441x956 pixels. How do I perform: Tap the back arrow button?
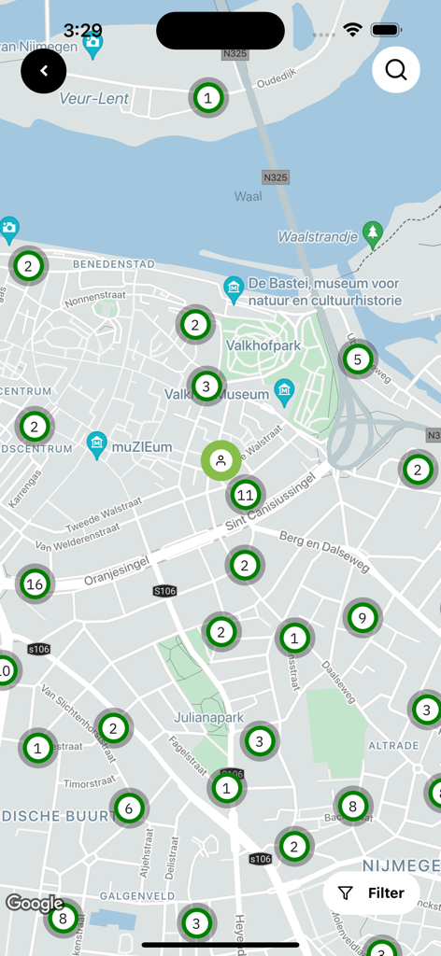[x=44, y=71]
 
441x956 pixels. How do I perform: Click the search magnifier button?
[x=395, y=70]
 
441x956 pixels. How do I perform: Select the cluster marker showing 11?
[x=246, y=495]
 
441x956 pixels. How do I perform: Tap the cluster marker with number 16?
[x=35, y=584]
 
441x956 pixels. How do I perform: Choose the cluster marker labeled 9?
[x=362, y=617]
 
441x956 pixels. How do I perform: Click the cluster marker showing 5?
[x=356, y=358]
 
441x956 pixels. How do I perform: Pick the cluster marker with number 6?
[x=129, y=808]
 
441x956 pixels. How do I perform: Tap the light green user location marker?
[x=220, y=460]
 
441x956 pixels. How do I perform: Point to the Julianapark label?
[x=208, y=718]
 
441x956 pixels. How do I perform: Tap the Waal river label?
[x=248, y=196]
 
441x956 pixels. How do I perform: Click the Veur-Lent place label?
[x=94, y=98]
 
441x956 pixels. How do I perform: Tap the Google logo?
[x=35, y=903]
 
